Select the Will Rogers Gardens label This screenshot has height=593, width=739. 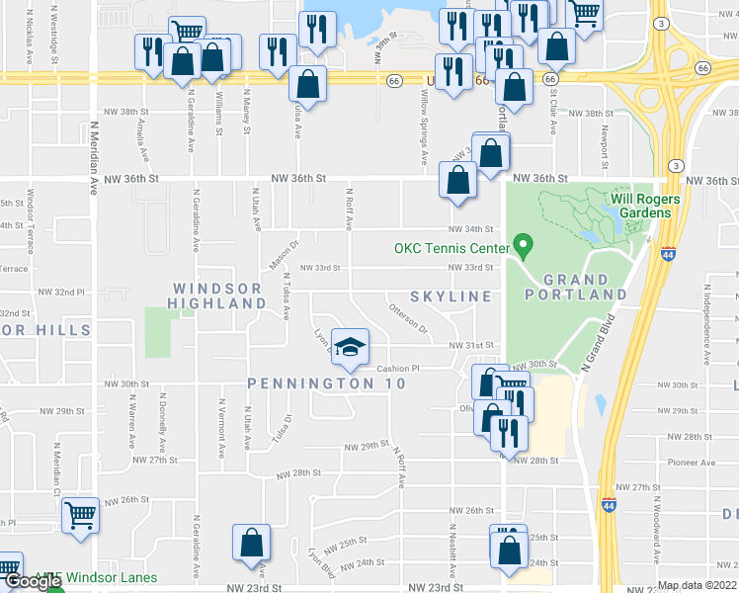pyautogui.click(x=645, y=206)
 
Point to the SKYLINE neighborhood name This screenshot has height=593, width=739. pyautogui.click(x=452, y=296)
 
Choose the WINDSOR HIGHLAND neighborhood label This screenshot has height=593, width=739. pyautogui.click(x=217, y=296)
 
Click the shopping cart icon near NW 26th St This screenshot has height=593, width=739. pyautogui.click(x=81, y=514)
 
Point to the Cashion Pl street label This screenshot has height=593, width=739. pyautogui.click(x=398, y=369)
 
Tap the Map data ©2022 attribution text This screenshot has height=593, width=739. pyautogui.click(x=698, y=585)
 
